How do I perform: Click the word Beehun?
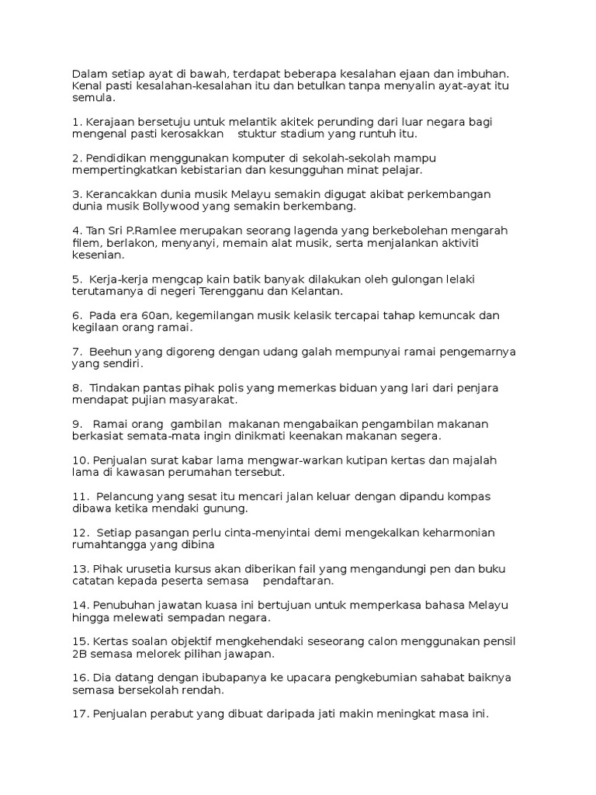(109, 352)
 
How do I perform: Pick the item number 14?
(81, 605)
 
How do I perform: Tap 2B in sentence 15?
(81, 653)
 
